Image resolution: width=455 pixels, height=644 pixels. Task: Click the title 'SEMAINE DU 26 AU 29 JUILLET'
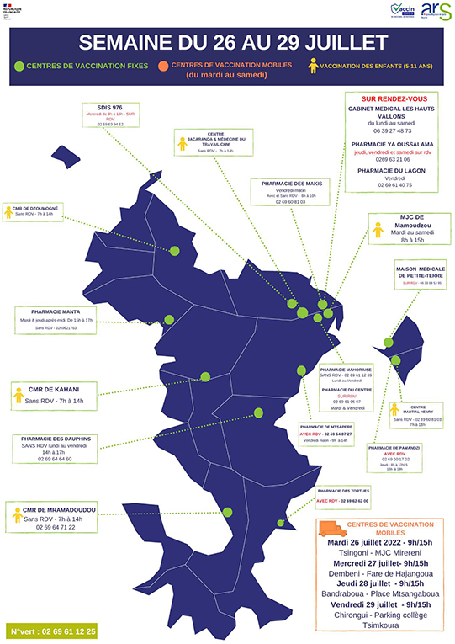[227, 44]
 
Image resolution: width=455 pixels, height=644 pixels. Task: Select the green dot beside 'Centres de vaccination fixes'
[19, 65]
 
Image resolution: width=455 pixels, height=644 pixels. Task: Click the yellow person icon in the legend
[314, 65]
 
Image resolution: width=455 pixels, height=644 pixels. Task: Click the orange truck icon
[331, 529]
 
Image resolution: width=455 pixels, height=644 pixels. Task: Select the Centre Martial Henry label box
[417, 415]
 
